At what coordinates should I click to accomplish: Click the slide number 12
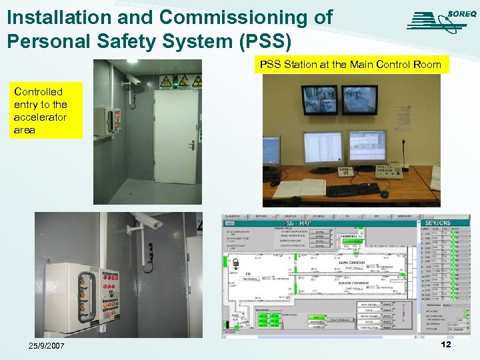click(446, 344)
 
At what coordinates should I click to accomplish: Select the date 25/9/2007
click(47, 345)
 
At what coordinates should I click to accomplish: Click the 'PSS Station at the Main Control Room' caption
click(350, 65)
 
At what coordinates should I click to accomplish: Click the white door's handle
click(191, 145)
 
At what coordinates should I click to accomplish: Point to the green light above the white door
click(175, 84)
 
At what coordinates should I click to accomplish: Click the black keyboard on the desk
click(353, 190)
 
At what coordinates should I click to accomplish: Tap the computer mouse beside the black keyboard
click(384, 194)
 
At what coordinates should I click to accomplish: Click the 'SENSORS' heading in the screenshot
click(438, 223)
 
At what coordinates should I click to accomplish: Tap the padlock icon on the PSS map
click(235, 265)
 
